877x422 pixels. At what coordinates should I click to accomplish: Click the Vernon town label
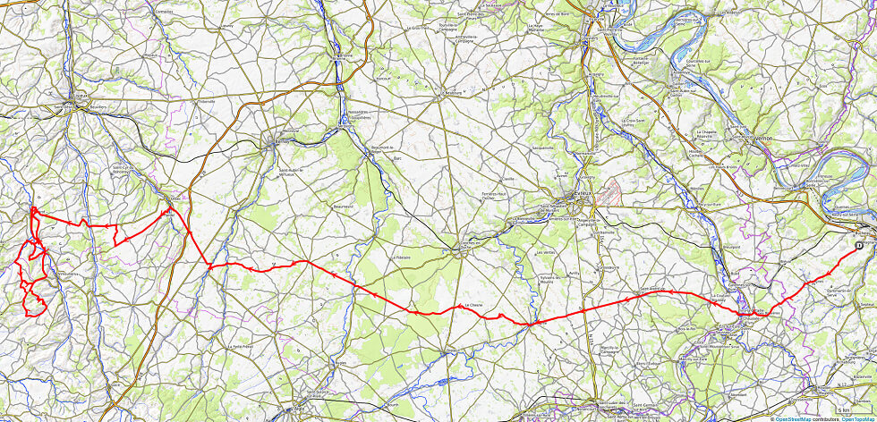(763, 139)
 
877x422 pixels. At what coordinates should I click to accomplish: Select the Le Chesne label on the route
(473, 305)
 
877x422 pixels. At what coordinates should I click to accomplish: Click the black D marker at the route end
(859, 244)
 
